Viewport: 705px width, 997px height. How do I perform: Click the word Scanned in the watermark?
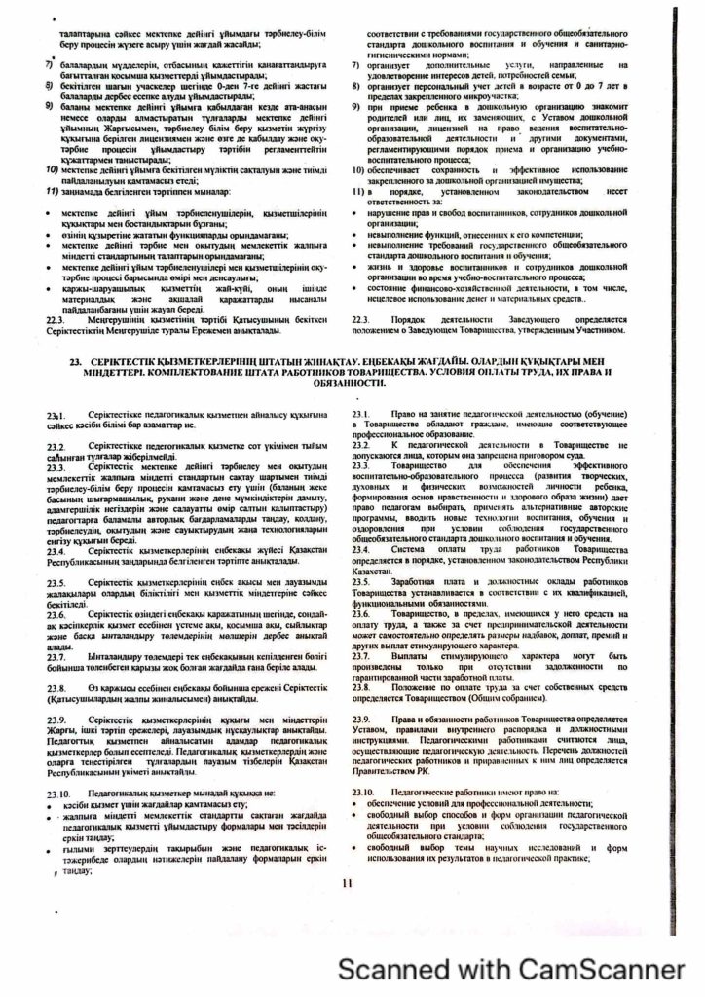pyautogui.click(x=401, y=968)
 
